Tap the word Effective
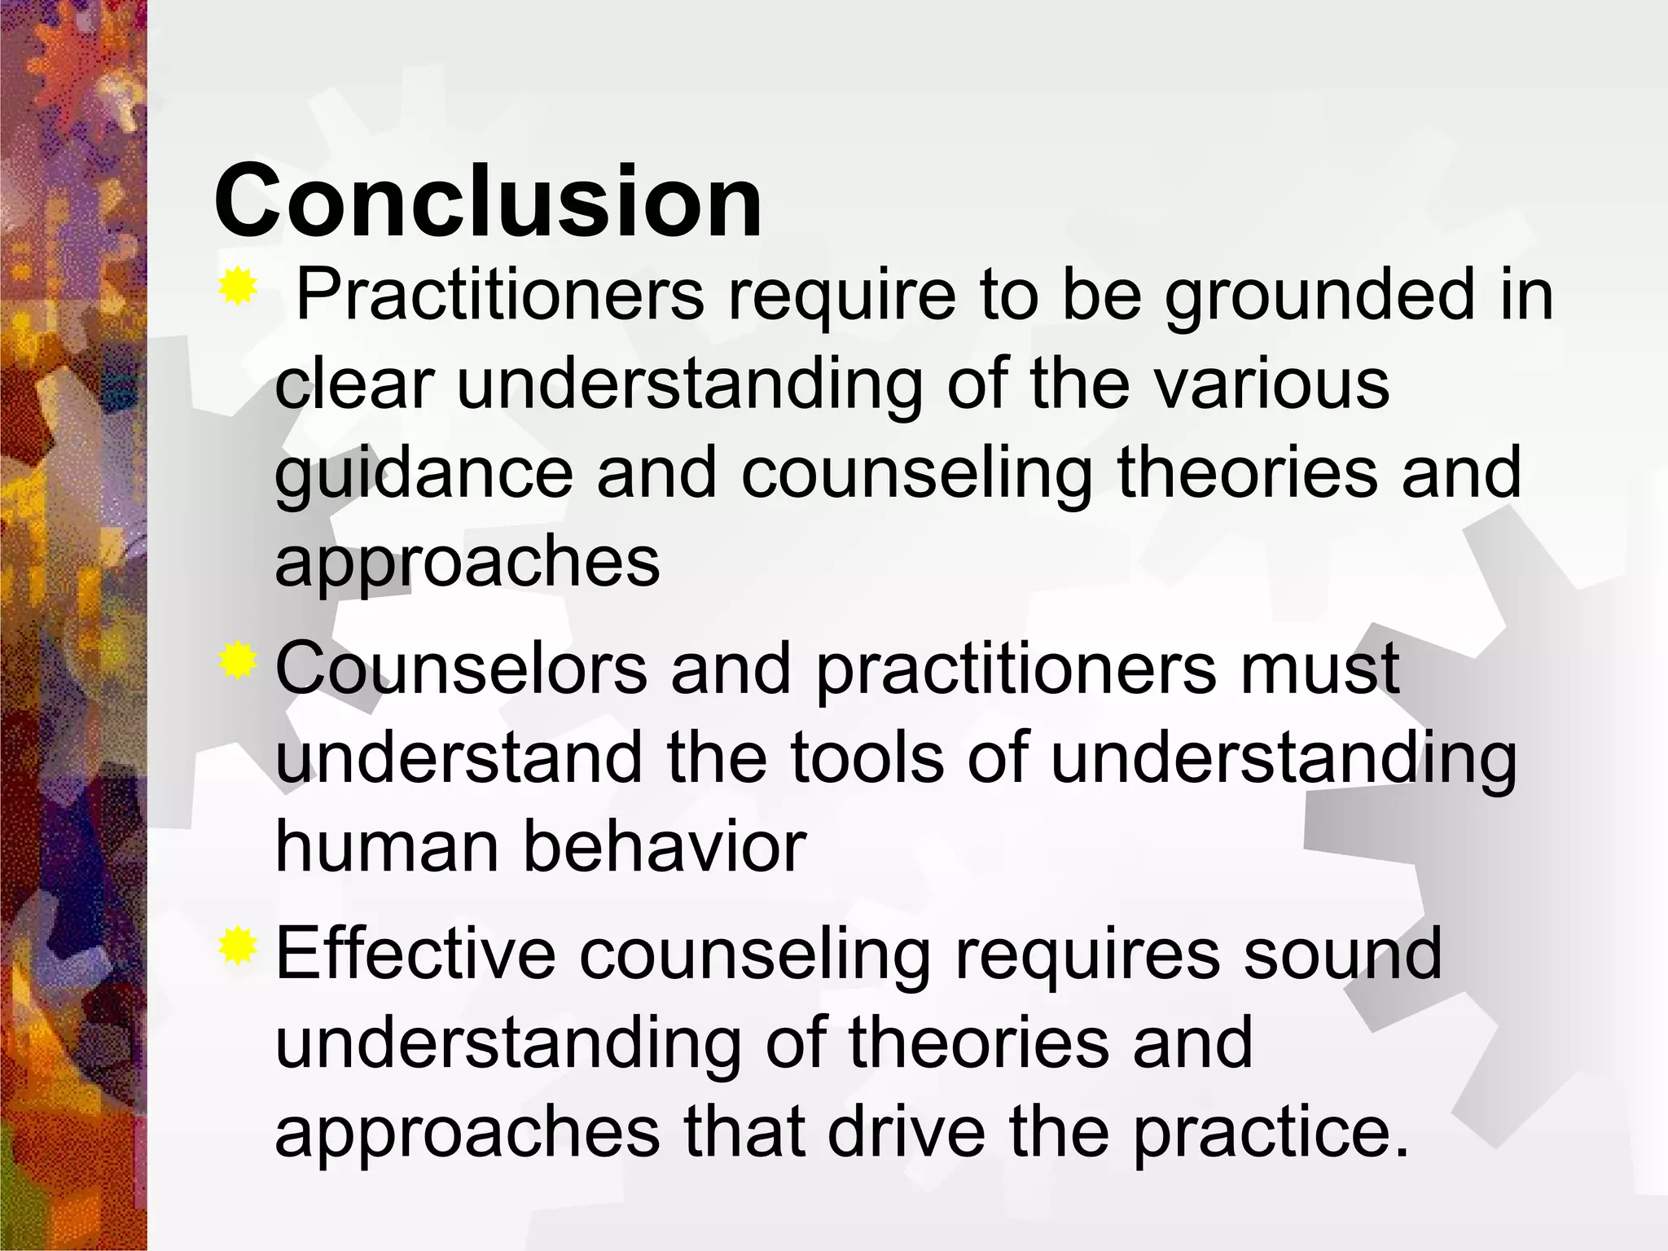pyautogui.click(x=415, y=954)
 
